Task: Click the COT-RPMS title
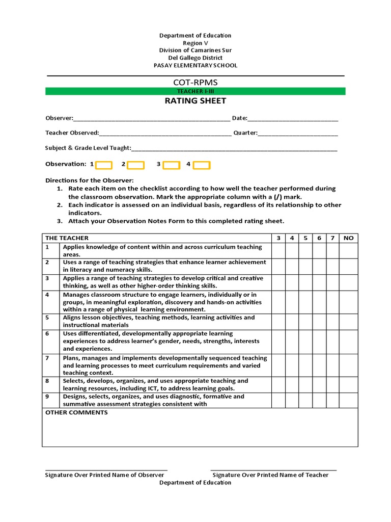(195, 82)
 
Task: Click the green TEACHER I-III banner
(195, 91)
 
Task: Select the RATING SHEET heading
(195, 101)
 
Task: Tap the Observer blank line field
(152, 119)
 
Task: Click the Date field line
(293, 119)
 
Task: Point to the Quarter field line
(298, 134)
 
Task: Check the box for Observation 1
(104, 165)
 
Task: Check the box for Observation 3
(171, 165)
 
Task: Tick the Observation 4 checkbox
(202, 165)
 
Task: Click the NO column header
(349, 238)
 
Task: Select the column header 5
(305, 238)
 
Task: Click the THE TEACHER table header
(67, 238)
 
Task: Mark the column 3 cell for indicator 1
(278, 250)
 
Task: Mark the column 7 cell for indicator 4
(332, 302)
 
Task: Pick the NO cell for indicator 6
(349, 341)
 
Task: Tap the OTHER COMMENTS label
(76, 412)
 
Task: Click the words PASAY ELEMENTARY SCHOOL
(195, 66)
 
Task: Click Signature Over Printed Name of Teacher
(270, 475)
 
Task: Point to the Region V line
(195, 43)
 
